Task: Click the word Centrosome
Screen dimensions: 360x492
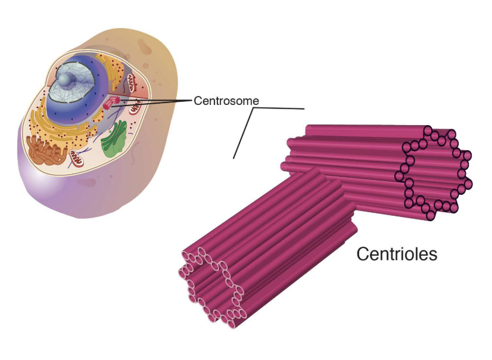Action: (226, 101)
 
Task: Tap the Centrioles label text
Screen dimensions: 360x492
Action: (396, 254)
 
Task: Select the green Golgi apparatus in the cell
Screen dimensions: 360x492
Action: (114, 140)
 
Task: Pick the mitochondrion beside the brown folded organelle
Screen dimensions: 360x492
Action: (77, 158)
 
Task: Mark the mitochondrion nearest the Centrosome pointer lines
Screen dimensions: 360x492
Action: (137, 107)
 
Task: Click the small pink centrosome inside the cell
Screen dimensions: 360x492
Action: (111, 102)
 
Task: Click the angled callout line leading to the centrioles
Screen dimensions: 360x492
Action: (244, 132)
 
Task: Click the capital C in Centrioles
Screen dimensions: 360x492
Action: (362, 255)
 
